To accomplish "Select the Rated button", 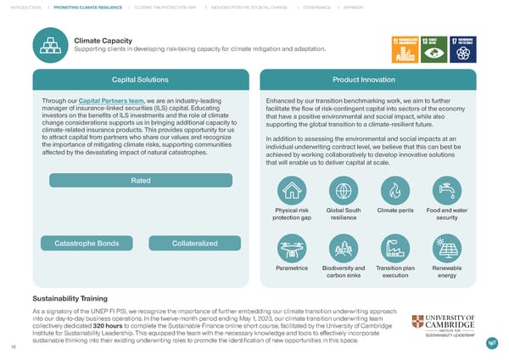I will pyautogui.click(x=141, y=181).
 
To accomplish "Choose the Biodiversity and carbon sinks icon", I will pyautogui.click(x=344, y=248).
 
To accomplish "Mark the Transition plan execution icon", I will pyautogui.click(x=394, y=248).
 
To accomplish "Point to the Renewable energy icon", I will pyautogui.click(x=446, y=248).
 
